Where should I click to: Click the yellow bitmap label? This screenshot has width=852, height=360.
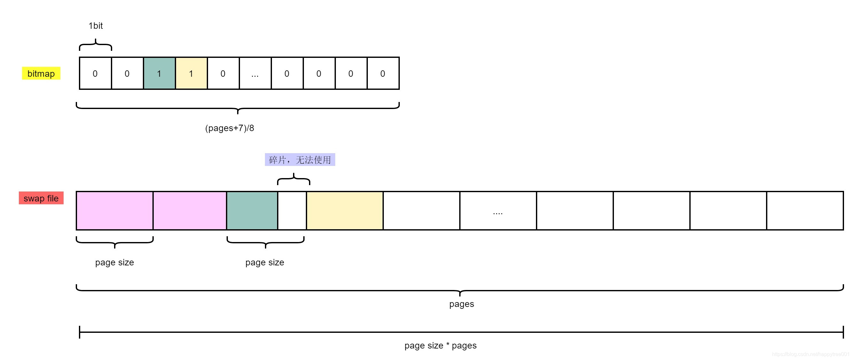[x=41, y=74]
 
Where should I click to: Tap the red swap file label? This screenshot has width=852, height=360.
[x=41, y=198]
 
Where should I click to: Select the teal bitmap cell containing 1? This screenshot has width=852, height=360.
[x=159, y=74]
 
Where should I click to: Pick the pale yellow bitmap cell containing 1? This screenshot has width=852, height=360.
[x=191, y=74]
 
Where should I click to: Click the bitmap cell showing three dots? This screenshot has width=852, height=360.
[x=255, y=74]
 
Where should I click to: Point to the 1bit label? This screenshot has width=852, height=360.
[x=96, y=26]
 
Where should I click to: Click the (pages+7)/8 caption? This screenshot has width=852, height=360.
[x=229, y=128]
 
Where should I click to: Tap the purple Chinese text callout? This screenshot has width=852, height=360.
[x=300, y=160]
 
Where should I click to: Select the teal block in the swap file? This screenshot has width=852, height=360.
[x=252, y=211]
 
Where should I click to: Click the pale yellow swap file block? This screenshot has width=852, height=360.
[x=345, y=211]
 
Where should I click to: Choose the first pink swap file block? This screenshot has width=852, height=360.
[x=114, y=211]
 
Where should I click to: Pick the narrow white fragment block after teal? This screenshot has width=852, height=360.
[x=292, y=211]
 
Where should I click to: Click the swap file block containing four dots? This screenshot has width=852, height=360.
[x=498, y=211]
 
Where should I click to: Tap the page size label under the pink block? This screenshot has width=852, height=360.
[x=114, y=262]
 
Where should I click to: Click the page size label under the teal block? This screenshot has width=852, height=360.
[x=265, y=262]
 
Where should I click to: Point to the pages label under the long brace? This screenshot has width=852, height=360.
[x=461, y=304]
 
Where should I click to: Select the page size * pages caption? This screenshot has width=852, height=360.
[x=440, y=346]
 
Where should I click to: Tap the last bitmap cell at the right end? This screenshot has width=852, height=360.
[x=383, y=74]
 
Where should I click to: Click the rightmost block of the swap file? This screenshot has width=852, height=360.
[x=805, y=211]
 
